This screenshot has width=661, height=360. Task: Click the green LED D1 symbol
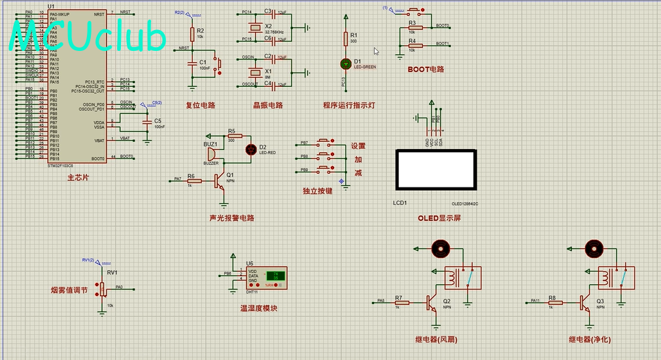click(x=347, y=63)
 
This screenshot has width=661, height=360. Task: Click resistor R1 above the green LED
click(x=347, y=39)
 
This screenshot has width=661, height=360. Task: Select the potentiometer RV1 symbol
click(x=103, y=288)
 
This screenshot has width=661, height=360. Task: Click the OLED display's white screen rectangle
click(x=435, y=170)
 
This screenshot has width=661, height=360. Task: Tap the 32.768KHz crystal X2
click(x=254, y=29)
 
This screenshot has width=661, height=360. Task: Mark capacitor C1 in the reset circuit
click(x=192, y=63)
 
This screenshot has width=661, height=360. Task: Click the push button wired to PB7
click(x=325, y=142)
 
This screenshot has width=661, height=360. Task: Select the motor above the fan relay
click(x=440, y=248)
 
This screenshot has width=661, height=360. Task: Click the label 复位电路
click(x=200, y=106)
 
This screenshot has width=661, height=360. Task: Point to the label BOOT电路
click(x=426, y=69)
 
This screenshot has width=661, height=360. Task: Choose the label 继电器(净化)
click(x=589, y=340)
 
